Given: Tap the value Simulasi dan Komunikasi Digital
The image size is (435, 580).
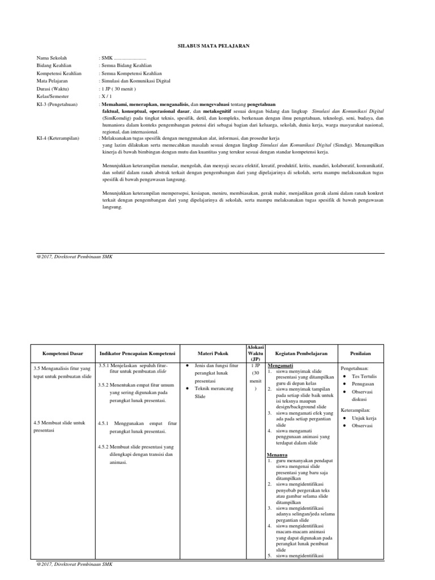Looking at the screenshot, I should click(131, 81).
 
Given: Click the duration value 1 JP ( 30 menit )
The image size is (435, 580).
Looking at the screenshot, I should click(117, 89).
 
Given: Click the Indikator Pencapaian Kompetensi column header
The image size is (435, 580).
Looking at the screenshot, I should click(137, 353).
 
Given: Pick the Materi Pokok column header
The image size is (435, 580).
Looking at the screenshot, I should click(212, 353).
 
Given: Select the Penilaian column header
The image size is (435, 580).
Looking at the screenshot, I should click(360, 353).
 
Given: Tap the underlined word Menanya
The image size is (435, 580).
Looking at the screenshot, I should click(277, 455).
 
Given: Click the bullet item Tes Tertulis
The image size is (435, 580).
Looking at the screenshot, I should click(364, 376).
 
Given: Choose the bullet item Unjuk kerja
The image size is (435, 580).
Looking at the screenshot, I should click(364, 418).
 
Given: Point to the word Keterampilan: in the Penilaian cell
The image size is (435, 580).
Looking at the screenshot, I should click(355, 409).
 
